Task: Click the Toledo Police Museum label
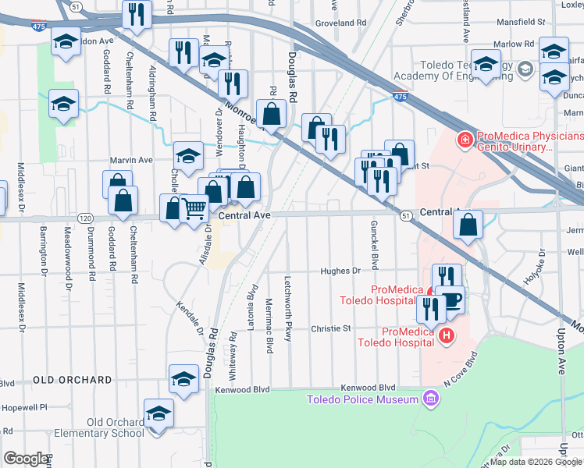[x=361, y=400]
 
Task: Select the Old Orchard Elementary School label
[x=116, y=427]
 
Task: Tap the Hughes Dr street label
[x=344, y=271]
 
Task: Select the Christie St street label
[x=331, y=328]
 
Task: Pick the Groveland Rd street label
[x=340, y=23]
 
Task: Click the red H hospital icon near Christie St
[x=446, y=335]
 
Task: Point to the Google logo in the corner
[x=26, y=459]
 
